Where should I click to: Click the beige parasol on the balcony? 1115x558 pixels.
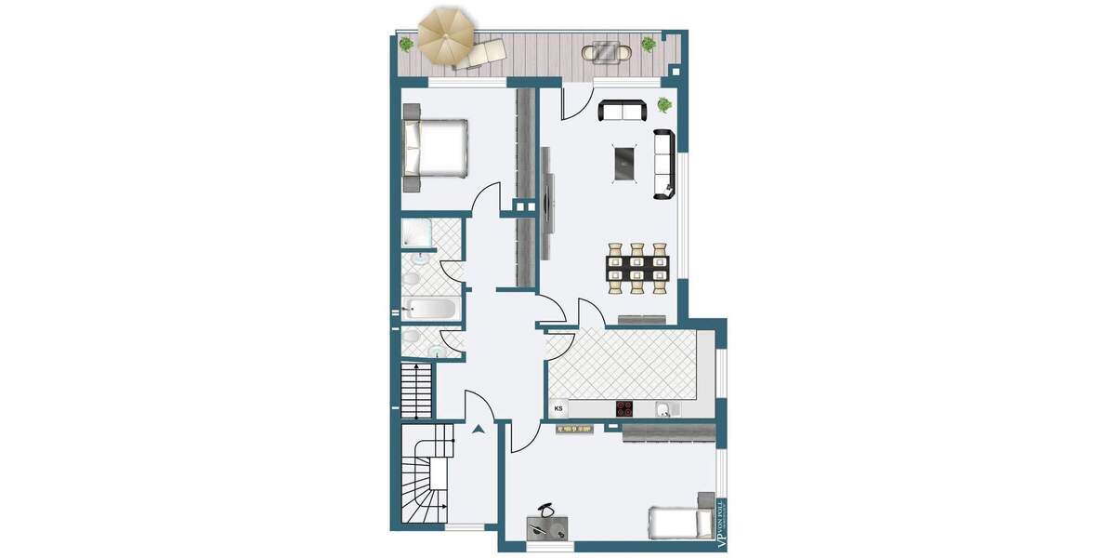[x=445, y=33]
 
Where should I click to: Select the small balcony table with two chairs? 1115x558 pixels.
[x=608, y=52]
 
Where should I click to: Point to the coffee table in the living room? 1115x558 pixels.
[x=625, y=164]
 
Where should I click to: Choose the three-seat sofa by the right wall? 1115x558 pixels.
[x=664, y=165]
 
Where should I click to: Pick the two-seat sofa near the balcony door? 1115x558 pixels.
[x=623, y=112]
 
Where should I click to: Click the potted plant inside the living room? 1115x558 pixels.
[x=664, y=104]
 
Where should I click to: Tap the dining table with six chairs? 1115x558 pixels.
[x=637, y=268]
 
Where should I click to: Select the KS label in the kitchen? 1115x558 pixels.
[x=559, y=407]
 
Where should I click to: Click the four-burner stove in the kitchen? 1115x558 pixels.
[x=625, y=408]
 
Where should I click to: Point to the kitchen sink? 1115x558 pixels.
[x=664, y=408]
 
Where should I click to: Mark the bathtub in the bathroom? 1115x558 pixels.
[x=429, y=309]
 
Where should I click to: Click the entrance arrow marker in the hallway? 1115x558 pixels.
[x=479, y=430]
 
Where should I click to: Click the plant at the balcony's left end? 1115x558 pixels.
[x=406, y=43]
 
